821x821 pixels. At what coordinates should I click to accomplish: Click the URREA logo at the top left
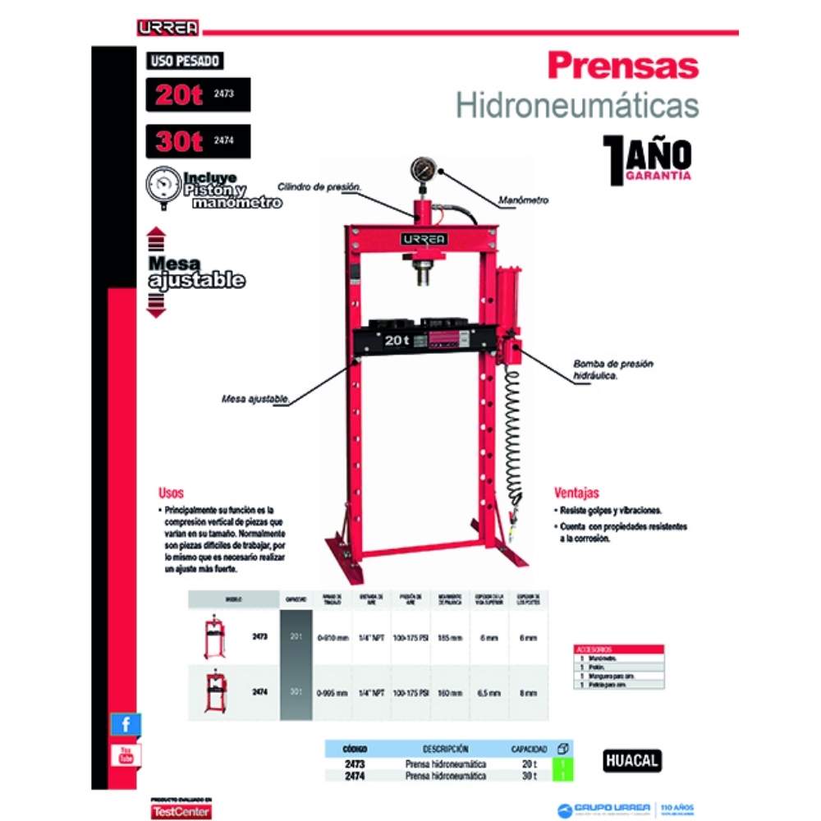167,27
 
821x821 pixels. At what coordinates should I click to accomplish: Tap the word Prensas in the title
622,65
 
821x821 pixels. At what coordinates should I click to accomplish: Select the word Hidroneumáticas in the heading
577,106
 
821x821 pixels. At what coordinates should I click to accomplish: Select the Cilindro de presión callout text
319,187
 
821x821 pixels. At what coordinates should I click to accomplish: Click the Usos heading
171,493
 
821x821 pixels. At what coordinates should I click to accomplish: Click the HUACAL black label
631,761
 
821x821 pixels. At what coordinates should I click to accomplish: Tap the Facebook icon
126,724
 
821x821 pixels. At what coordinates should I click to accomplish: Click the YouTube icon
126,754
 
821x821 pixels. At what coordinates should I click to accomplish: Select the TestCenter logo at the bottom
181,810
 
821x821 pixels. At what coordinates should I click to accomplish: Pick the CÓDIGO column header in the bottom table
355,749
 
